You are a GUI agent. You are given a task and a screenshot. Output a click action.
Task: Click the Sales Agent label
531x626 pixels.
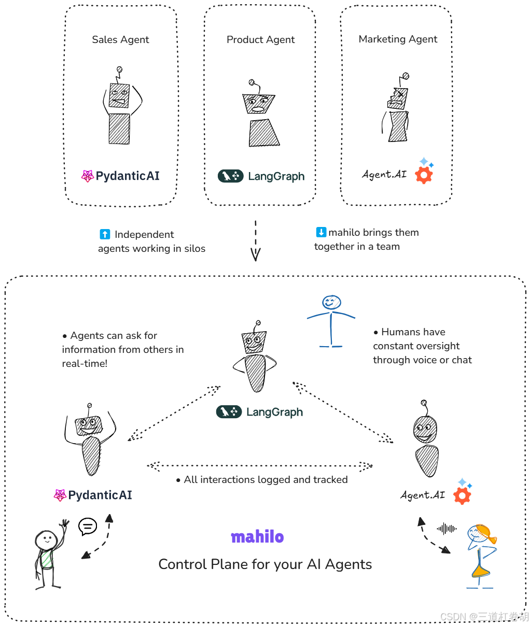click(x=120, y=40)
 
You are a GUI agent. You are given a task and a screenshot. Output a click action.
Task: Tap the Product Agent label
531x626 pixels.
click(x=260, y=40)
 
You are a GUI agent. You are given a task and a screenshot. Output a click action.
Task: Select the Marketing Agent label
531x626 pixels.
click(x=398, y=39)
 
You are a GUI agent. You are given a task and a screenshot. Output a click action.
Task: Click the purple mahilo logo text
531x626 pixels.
click(x=257, y=537)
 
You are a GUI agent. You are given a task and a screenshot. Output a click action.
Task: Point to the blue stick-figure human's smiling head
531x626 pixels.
click(x=331, y=302)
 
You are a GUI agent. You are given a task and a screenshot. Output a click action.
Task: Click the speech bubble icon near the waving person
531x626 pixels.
click(x=88, y=527)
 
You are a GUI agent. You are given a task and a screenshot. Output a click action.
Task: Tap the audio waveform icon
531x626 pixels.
click(x=446, y=529)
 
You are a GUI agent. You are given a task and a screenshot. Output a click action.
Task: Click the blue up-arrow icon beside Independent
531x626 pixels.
click(x=105, y=234)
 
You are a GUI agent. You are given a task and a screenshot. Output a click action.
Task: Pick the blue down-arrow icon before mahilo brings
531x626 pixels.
click(x=321, y=232)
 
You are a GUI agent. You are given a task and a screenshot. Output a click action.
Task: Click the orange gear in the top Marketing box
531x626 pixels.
click(x=424, y=175)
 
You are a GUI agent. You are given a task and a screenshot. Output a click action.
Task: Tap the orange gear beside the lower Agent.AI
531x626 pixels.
click(x=462, y=495)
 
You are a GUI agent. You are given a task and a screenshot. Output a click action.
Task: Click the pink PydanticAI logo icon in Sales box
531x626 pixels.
click(x=87, y=176)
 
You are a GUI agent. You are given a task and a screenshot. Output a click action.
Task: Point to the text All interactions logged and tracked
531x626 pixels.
click(x=265, y=480)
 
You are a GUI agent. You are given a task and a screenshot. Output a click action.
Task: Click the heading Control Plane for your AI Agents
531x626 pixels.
click(x=265, y=564)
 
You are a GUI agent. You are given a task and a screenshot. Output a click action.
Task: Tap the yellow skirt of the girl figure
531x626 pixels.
click(x=481, y=570)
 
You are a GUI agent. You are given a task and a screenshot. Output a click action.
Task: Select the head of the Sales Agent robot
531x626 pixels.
click(x=119, y=95)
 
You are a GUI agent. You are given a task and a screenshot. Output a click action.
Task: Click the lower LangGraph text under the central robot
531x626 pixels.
click(x=274, y=412)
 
